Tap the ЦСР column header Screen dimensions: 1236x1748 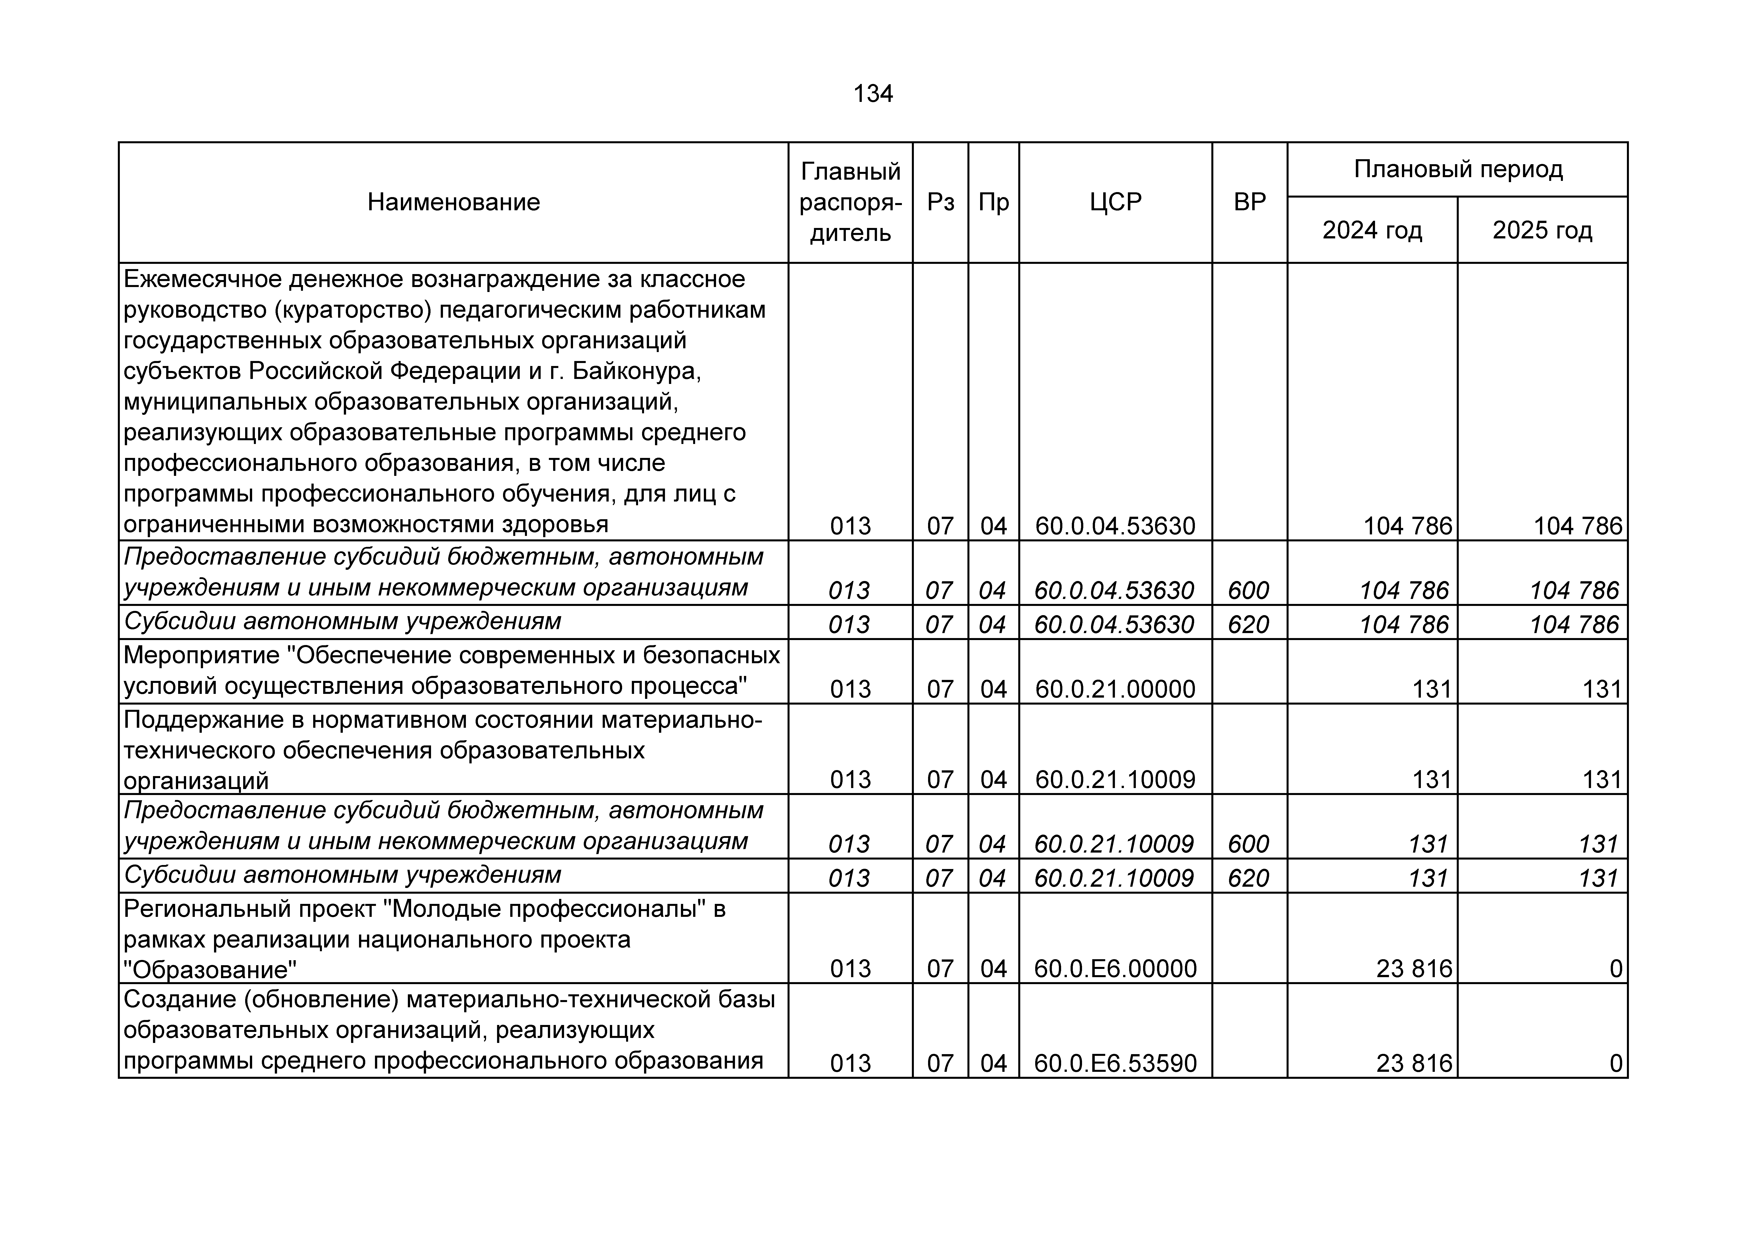coord(1115,203)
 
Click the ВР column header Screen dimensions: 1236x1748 coord(1249,203)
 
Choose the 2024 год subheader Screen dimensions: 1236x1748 coord(1372,230)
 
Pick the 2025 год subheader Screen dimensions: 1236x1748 coord(1542,230)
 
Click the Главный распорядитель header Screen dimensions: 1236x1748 coord(850,203)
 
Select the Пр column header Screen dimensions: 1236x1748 coord(994,203)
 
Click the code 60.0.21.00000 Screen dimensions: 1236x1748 coord(1115,689)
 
